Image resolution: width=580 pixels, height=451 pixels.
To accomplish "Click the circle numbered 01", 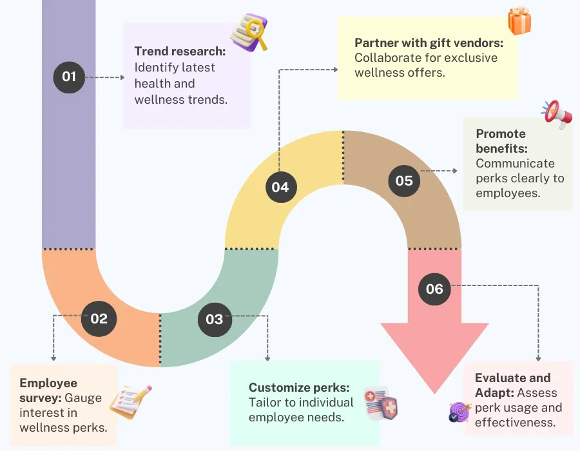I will [69, 77].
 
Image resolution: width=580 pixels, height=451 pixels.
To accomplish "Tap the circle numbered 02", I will [99, 318].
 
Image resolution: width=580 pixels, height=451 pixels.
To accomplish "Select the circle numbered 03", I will [214, 319].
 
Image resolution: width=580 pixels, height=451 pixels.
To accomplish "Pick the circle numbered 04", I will [280, 187].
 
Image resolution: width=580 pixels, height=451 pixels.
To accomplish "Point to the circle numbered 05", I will [404, 180].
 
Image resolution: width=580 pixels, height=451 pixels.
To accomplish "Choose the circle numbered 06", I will [434, 288].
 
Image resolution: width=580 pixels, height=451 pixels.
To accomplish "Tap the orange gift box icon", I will [519, 21].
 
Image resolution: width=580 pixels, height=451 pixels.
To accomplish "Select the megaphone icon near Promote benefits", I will [556, 114].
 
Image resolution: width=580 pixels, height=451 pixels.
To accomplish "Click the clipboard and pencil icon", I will [131, 401].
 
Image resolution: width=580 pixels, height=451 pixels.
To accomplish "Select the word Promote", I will [501, 134].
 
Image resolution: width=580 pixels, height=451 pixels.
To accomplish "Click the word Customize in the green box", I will [279, 387].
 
